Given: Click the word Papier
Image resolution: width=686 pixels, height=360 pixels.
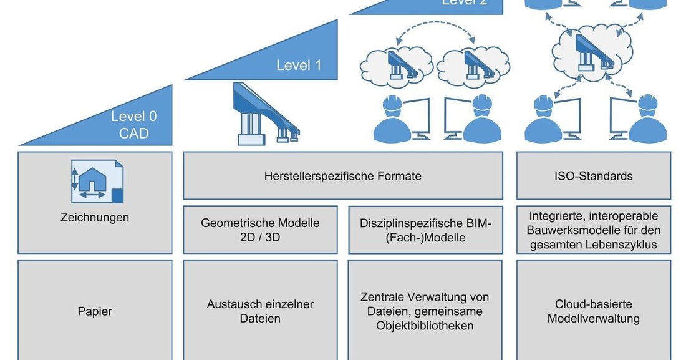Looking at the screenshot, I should coord(95,311).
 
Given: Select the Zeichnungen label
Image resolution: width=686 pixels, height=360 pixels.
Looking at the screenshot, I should coord(95,218).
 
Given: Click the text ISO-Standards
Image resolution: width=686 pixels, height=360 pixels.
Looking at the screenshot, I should coord(594,176).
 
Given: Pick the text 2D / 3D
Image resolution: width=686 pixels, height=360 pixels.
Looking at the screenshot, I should coord(260,237).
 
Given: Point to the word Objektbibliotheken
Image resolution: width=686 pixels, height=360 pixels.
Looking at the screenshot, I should coord(425,326).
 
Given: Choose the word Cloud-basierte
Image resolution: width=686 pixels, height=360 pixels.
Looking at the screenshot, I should coord(594,304).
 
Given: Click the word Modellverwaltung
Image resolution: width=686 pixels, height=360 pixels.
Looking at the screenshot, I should coord(594,319).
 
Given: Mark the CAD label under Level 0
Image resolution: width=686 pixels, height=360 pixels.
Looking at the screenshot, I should coord(134,133).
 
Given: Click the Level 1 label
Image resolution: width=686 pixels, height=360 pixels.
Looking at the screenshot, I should coord(299,64).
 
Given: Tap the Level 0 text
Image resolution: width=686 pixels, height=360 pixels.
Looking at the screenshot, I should coord(134,116).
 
